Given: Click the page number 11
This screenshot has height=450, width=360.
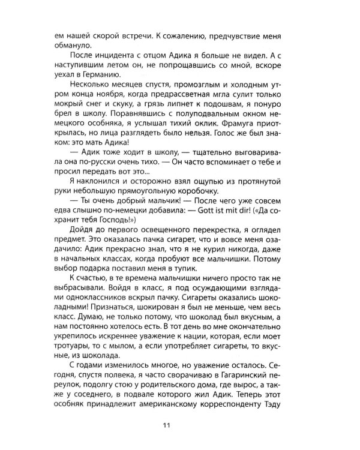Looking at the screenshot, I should coord(179,427).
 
